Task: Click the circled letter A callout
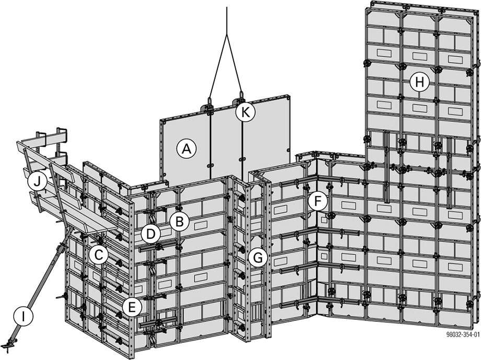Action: (185, 149)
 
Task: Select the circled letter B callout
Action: (179, 222)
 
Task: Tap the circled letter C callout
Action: (98, 255)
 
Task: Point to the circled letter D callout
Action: (151, 234)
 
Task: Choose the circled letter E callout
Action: (132, 306)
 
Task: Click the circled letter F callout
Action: (317, 201)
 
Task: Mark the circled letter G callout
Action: (258, 257)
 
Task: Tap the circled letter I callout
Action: (22, 316)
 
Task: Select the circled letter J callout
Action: (37, 181)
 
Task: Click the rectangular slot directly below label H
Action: (419, 107)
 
